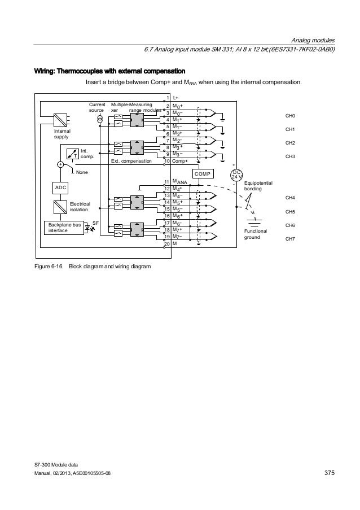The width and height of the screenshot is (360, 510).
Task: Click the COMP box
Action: click(x=204, y=174)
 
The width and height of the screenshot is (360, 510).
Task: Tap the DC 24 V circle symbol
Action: click(x=237, y=175)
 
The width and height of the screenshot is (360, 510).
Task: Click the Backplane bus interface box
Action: click(x=64, y=228)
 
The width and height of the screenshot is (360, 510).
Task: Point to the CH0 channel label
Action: click(x=291, y=115)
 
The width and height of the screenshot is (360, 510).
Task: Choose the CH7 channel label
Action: click(x=291, y=239)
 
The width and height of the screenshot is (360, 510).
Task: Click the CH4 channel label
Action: click(x=291, y=198)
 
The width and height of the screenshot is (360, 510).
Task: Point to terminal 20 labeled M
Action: click(x=171, y=243)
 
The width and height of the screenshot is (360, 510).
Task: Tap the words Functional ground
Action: click(x=255, y=234)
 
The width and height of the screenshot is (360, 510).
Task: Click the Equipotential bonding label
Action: click(x=258, y=186)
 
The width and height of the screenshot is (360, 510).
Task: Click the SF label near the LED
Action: click(x=95, y=224)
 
